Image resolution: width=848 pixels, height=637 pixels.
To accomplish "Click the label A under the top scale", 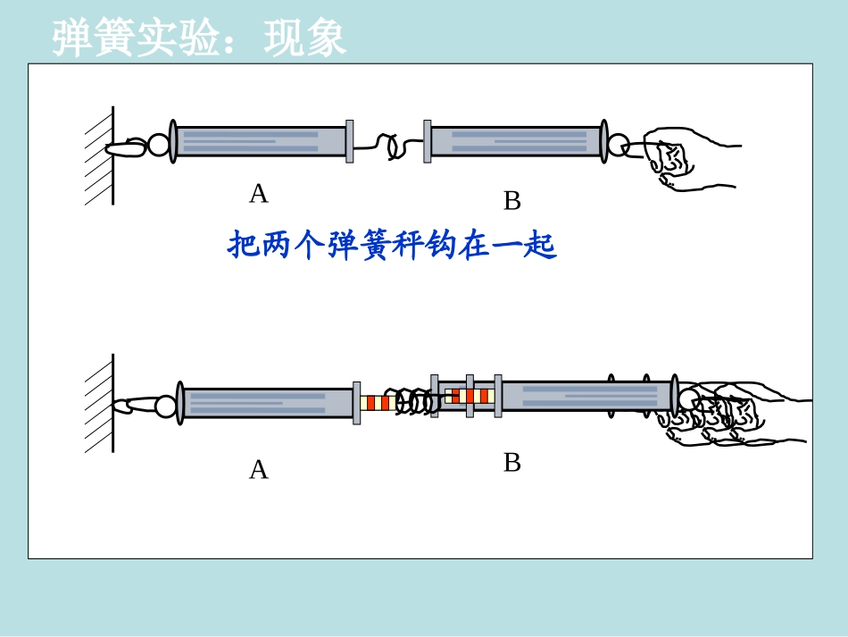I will (258, 193).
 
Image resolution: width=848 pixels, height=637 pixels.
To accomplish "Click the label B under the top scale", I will (511, 202).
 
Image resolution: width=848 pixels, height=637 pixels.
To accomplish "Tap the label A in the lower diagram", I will (258, 470).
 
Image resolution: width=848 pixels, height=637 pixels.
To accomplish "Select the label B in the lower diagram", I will (511, 463).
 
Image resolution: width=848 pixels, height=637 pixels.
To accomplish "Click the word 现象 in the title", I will (305, 38).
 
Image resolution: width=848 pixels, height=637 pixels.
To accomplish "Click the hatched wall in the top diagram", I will (99, 156).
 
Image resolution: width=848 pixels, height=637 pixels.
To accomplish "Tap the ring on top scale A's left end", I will (158, 145).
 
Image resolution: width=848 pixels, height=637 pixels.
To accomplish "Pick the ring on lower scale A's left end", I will (165, 407).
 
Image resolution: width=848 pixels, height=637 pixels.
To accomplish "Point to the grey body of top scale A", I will (259, 141).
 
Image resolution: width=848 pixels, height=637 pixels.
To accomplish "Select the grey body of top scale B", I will (516, 141).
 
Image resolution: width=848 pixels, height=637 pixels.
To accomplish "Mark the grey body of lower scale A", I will (268, 403).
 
